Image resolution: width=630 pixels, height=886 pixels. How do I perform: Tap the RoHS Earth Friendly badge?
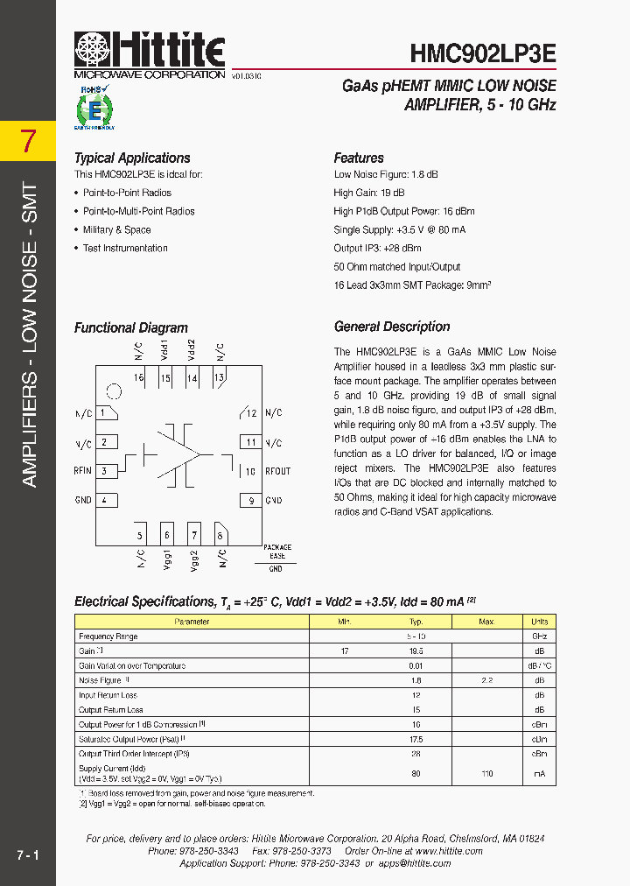coord(92,108)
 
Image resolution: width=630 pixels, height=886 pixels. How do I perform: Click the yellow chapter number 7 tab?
coord(28,141)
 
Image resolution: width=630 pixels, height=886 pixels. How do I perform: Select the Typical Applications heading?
coord(132,158)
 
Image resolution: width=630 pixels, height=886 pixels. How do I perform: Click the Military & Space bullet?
coord(116,230)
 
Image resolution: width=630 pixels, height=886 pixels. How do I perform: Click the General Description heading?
coord(392,327)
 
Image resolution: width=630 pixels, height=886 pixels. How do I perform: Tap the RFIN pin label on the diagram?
coord(83,471)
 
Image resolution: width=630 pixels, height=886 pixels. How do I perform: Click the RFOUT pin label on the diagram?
coord(278,471)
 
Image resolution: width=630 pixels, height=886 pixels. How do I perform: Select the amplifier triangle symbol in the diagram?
coord(179,454)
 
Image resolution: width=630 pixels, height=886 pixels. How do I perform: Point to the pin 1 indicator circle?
coord(113,391)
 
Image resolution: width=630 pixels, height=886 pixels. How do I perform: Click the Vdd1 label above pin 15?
coord(164,350)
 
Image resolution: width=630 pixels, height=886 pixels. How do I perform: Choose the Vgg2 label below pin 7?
coord(194,560)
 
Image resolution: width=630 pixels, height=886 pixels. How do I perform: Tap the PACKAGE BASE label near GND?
coord(276,552)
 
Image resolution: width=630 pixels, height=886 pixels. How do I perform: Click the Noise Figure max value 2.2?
coord(486,680)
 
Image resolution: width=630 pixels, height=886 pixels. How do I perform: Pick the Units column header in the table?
coord(540,622)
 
